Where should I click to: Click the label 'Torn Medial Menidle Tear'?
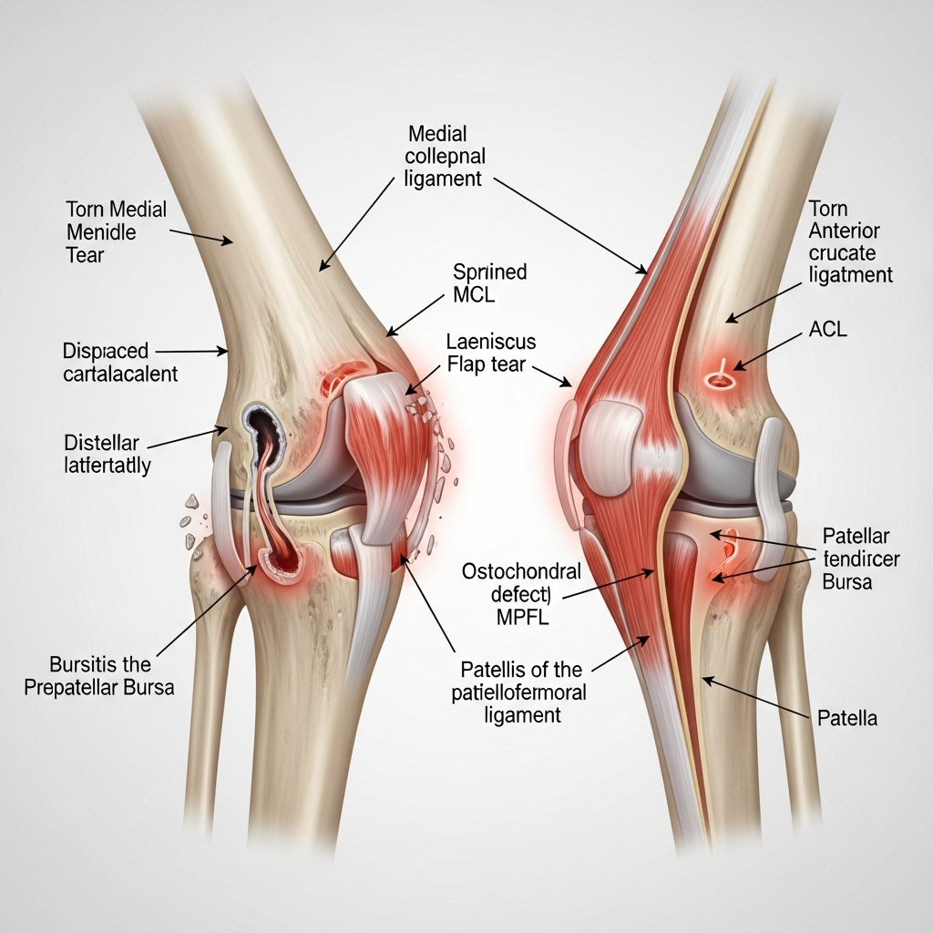[x=116, y=232]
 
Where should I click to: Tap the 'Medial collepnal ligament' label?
[x=445, y=156]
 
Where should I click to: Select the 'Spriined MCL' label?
[x=489, y=283]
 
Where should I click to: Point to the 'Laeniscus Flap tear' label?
[x=491, y=353]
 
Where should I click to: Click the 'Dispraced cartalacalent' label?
[x=120, y=363]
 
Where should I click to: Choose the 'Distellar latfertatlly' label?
[x=108, y=454]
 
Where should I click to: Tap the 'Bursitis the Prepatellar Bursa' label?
[x=98, y=676]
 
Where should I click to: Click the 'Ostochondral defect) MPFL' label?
[x=522, y=594]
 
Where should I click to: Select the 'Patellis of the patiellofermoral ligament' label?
[x=518, y=692]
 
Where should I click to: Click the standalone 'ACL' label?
[x=827, y=329]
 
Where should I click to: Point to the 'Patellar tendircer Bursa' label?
[x=860, y=559]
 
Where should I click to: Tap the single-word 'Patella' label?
[x=847, y=718]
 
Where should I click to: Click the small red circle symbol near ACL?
[x=719, y=377]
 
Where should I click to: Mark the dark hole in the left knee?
[x=261, y=424]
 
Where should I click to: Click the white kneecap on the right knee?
[x=612, y=440]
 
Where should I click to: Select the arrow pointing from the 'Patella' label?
[x=755, y=697]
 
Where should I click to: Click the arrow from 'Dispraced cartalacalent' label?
[x=191, y=352]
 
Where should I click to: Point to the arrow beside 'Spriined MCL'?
[x=415, y=315]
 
